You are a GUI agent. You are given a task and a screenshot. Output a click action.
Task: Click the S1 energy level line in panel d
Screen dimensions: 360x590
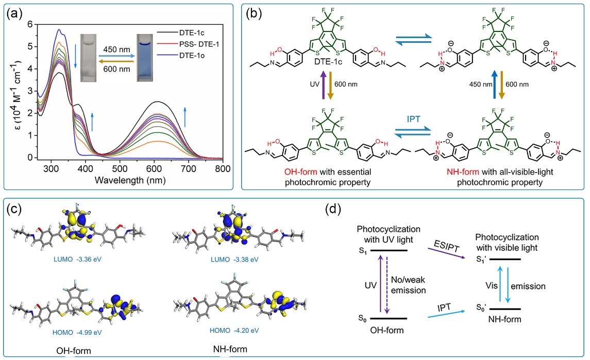point(386,252)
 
